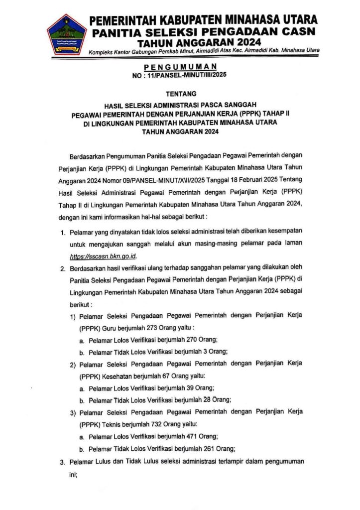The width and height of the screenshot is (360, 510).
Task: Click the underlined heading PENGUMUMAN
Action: (180, 67)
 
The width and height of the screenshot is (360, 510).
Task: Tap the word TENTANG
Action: (180, 94)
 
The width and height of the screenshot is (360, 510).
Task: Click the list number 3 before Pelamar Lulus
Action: (63, 462)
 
